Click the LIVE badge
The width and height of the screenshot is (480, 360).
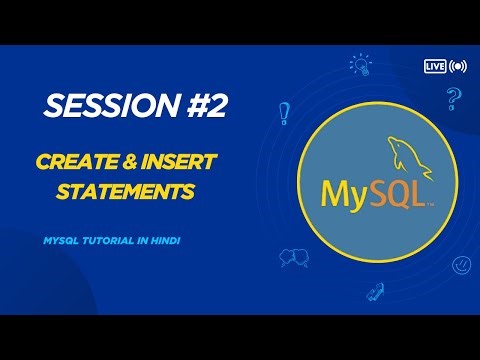pos(434,66)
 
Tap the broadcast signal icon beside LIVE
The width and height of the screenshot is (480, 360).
pos(458,66)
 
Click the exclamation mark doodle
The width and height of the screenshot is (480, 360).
pos(285,112)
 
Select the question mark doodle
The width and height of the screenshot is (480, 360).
pos(453,99)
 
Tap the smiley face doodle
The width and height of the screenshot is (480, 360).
pos(461,265)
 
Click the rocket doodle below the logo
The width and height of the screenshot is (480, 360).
pos(375,292)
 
